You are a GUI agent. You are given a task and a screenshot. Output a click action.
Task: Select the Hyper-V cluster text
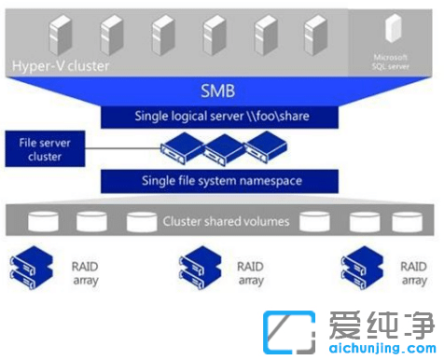pos(61,66)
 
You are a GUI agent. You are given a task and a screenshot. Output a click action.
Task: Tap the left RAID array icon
pos(29,266)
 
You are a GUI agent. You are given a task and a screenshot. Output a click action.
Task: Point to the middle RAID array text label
pos(249,272)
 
